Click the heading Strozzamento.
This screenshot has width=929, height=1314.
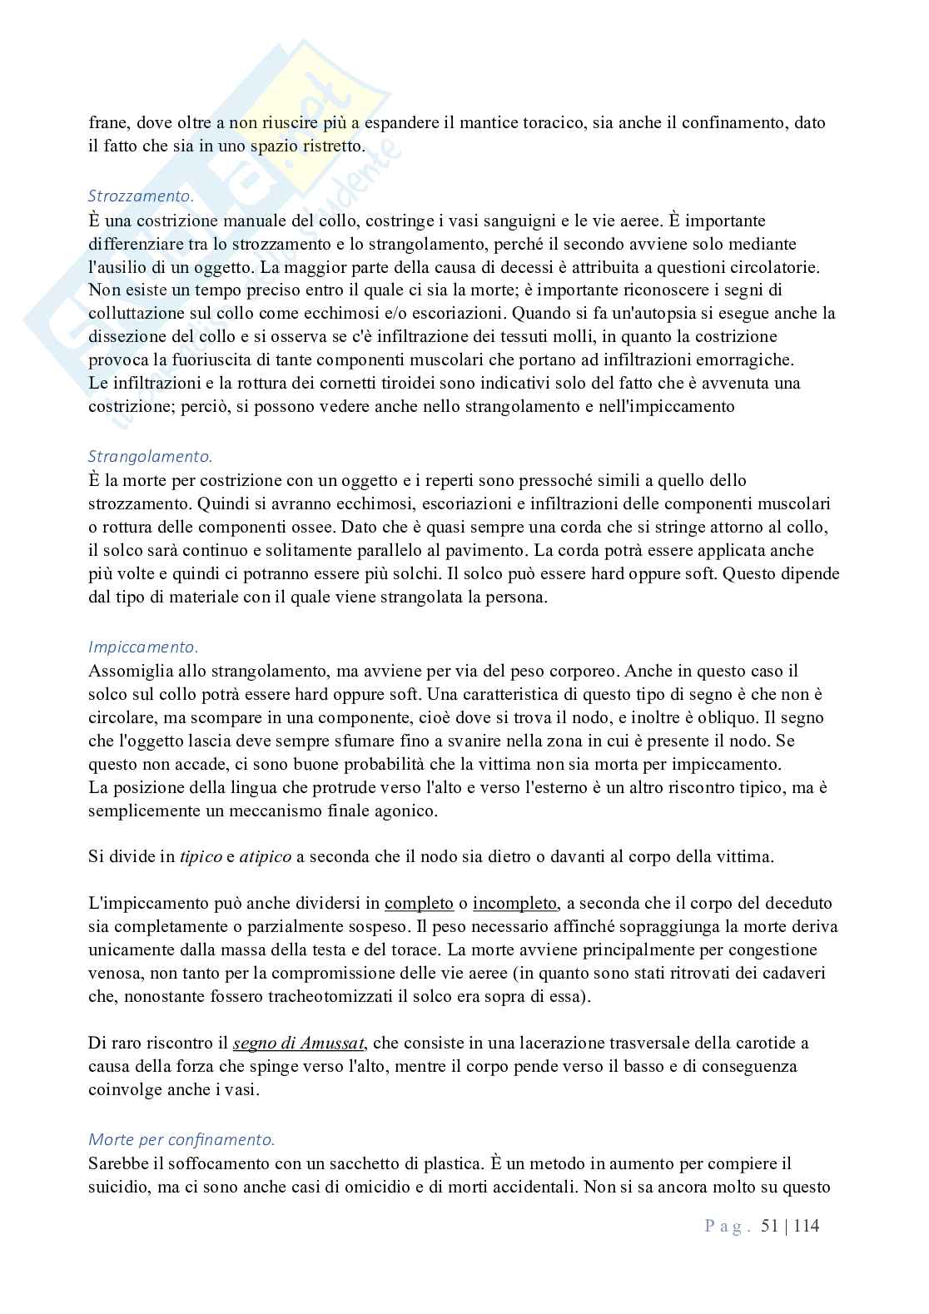tap(141, 196)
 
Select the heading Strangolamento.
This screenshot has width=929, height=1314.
tap(150, 456)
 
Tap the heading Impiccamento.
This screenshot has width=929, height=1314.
tap(142, 646)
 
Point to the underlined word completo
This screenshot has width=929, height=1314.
tap(419, 903)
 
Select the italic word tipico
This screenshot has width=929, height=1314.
tap(201, 856)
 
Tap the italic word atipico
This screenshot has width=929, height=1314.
tap(261, 856)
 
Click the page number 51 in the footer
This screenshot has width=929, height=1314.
tap(770, 1226)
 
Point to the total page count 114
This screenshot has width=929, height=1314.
tap(807, 1226)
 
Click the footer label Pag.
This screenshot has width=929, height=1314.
tap(728, 1226)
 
